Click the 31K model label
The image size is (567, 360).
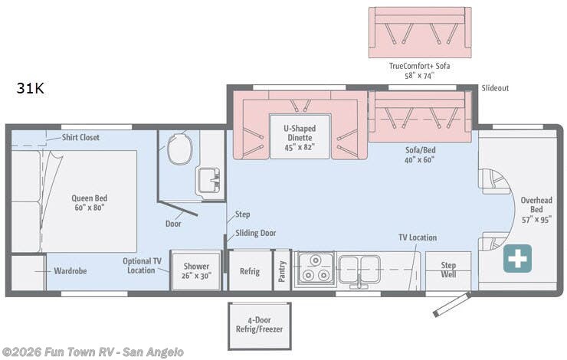pos(31,88)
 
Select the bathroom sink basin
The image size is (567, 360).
pos(208,182)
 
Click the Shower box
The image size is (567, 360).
pos(196,271)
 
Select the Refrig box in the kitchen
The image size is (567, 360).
pos(250,271)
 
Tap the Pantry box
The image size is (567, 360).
pos(282,271)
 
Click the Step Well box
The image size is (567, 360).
pos(448,270)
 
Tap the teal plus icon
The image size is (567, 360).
pos(517,259)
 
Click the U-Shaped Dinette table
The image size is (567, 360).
pos(300,136)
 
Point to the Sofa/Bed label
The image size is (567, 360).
pos(421,155)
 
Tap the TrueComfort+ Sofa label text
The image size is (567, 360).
pos(420,70)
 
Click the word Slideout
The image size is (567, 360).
pos(495,88)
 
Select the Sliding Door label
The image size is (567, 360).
pos(256,233)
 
